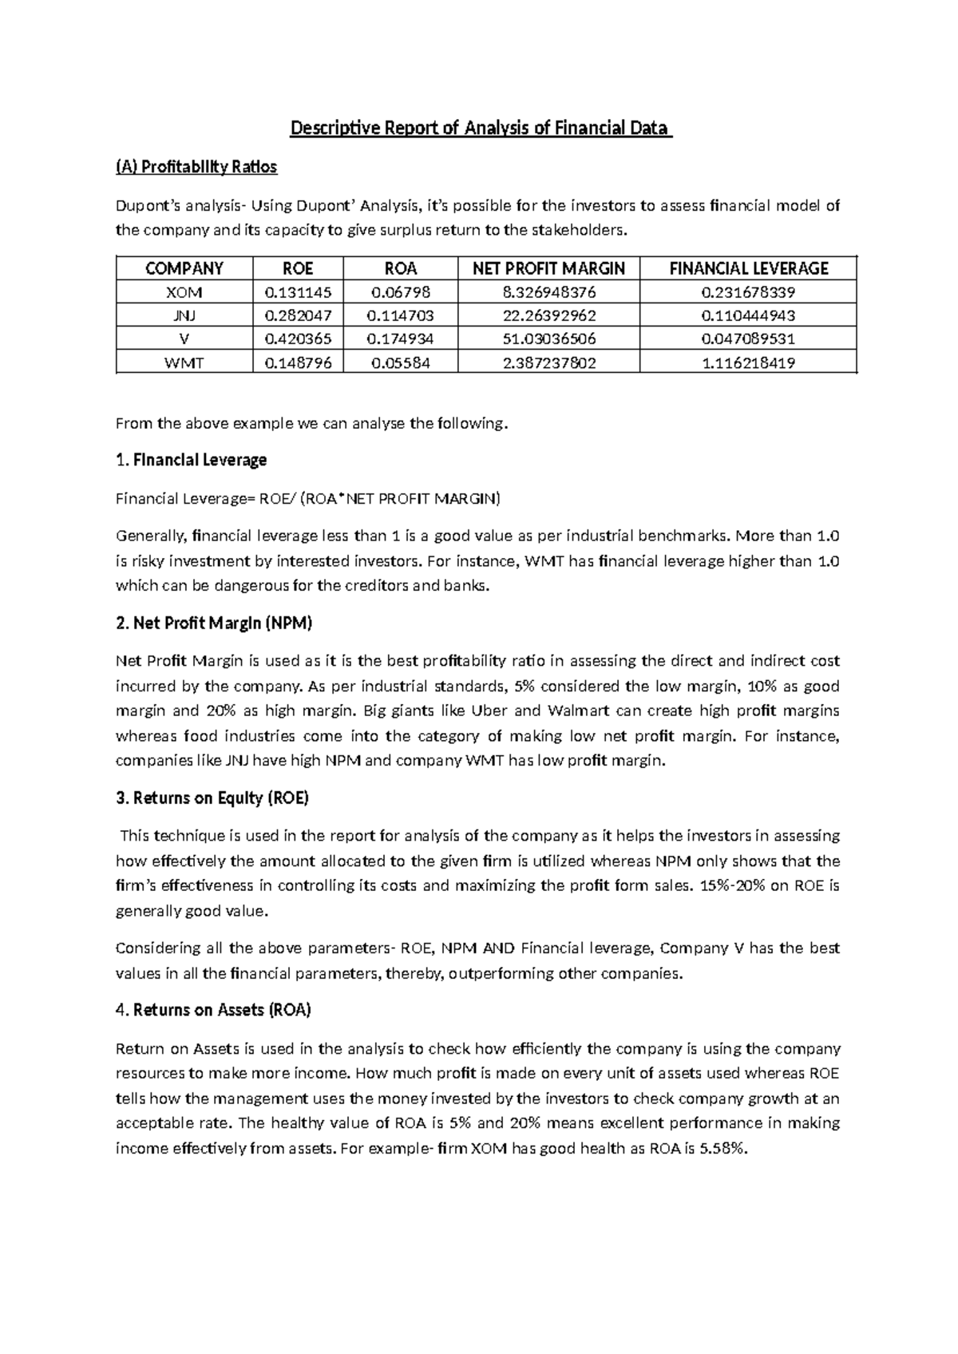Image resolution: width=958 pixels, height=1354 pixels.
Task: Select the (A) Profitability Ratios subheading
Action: (196, 167)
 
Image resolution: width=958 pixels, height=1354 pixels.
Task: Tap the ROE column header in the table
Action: (298, 268)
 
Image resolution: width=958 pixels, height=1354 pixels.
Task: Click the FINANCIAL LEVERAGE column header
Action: (748, 268)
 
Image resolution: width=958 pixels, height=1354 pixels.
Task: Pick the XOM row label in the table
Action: (184, 292)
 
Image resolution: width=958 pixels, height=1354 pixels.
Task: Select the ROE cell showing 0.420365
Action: (298, 338)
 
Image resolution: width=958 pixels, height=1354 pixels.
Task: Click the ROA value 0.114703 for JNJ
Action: (400, 315)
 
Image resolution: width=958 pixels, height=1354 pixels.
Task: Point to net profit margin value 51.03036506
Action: (548, 338)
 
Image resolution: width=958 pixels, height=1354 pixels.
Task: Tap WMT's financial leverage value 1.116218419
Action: (748, 362)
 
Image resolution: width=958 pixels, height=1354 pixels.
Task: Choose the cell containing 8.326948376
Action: (548, 292)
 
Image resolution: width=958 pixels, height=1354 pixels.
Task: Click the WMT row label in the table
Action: (184, 362)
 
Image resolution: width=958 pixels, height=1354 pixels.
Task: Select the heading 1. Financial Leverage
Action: (192, 460)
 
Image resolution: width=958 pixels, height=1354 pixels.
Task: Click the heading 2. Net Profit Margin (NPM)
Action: (214, 623)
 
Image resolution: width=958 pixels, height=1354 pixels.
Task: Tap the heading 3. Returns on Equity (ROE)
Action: (212, 798)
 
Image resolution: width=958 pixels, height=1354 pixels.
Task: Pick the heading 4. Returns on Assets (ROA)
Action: (213, 1010)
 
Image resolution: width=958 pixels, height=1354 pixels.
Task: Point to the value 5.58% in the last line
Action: (725, 1148)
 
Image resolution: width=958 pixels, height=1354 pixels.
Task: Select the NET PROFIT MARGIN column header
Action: (548, 268)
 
